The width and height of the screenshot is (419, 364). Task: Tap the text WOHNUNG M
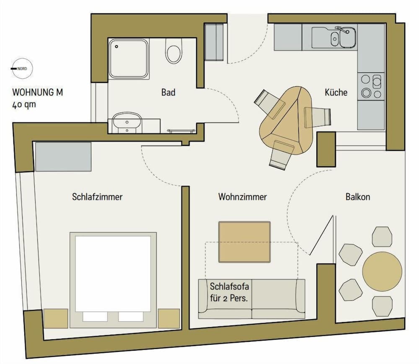pos(38,93)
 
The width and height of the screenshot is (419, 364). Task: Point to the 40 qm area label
pos(24,105)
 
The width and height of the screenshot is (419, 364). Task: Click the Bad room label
pos(168,92)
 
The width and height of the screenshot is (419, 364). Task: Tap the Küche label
pos(336,92)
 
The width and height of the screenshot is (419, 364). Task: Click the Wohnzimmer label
pos(242,196)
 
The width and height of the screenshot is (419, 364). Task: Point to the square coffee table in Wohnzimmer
pos(245,242)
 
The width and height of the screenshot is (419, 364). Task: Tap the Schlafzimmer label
pos(97,196)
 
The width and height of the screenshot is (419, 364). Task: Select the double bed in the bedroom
pos(113,279)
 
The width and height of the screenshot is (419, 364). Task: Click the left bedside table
pos(55,318)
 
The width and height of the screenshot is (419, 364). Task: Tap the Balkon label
pos(358,196)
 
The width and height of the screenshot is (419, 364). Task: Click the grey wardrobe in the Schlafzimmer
pos(63,156)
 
